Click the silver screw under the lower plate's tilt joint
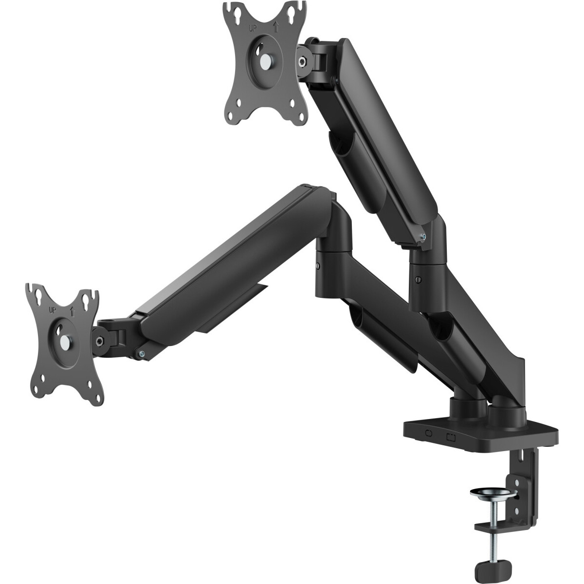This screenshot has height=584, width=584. click(x=141, y=353)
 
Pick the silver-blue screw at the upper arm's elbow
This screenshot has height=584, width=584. click(x=424, y=237)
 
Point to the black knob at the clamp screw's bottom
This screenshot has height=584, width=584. click(x=492, y=566)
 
